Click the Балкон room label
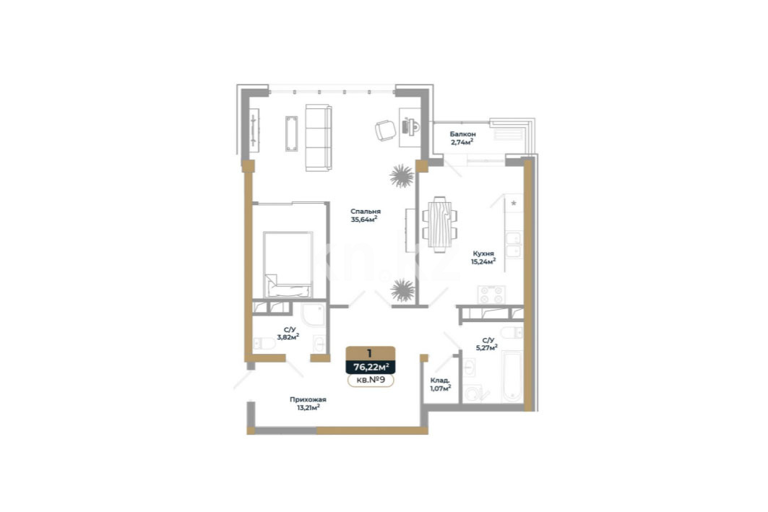click(463, 134)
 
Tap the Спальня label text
click(366, 212)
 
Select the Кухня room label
click(483, 253)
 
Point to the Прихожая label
click(308, 399)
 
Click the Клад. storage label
click(440, 381)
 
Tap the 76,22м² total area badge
click(371, 367)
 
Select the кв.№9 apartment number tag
click(371, 380)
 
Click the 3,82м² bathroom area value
click(288, 337)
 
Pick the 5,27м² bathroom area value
click(486, 348)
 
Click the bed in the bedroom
click(288, 264)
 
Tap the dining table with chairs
click(439, 224)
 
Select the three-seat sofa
click(319, 137)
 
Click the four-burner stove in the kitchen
click(491, 295)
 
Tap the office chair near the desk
click(386, 131)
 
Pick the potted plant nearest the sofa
click(402, 176)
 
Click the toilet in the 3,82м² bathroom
click(264, 344)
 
